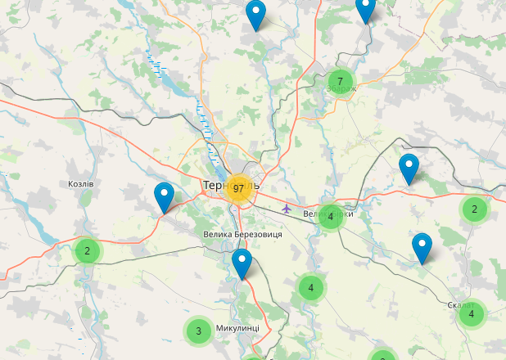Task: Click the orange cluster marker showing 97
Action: tap(238, 188)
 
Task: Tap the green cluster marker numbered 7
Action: tap(340, 81)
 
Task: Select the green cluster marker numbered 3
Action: tap(197, 331)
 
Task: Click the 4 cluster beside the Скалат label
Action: tap(471, 313)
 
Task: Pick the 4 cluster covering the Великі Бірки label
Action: tap(330, 217)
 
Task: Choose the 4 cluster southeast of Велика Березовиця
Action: tap(310, 287)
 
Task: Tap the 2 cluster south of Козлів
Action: tap(87, 250)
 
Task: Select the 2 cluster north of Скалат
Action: tap(473, 209)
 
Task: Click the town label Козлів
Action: tap(81, 184)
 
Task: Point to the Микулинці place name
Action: tap(237, 328)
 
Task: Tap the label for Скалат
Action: tap(461, 305)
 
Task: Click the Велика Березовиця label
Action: tap(242, 235)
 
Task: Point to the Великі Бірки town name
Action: tap(328, 214)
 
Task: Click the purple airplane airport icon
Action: tap(286, 208)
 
